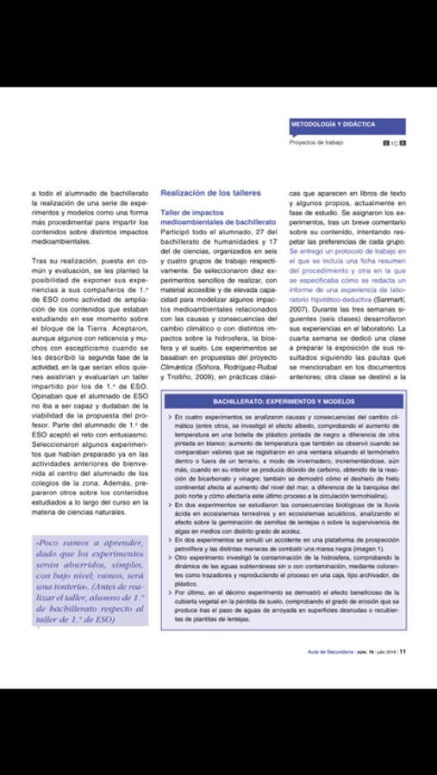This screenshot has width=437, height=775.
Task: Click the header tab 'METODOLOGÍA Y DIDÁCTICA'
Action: tap(333, 124)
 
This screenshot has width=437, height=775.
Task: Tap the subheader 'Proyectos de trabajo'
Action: tap(316, 142)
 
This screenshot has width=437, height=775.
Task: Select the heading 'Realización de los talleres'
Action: tap(210, 194)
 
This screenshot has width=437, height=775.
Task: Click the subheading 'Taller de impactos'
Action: tap(192, 212)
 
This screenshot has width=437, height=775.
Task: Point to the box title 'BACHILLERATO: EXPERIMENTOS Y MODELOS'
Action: tap(284, 402)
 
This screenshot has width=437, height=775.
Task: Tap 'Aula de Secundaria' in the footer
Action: tap(330, 651)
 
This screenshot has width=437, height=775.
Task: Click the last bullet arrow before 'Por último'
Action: tap(169, 593)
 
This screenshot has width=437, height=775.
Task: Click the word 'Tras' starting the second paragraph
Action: tap(41, 259)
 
